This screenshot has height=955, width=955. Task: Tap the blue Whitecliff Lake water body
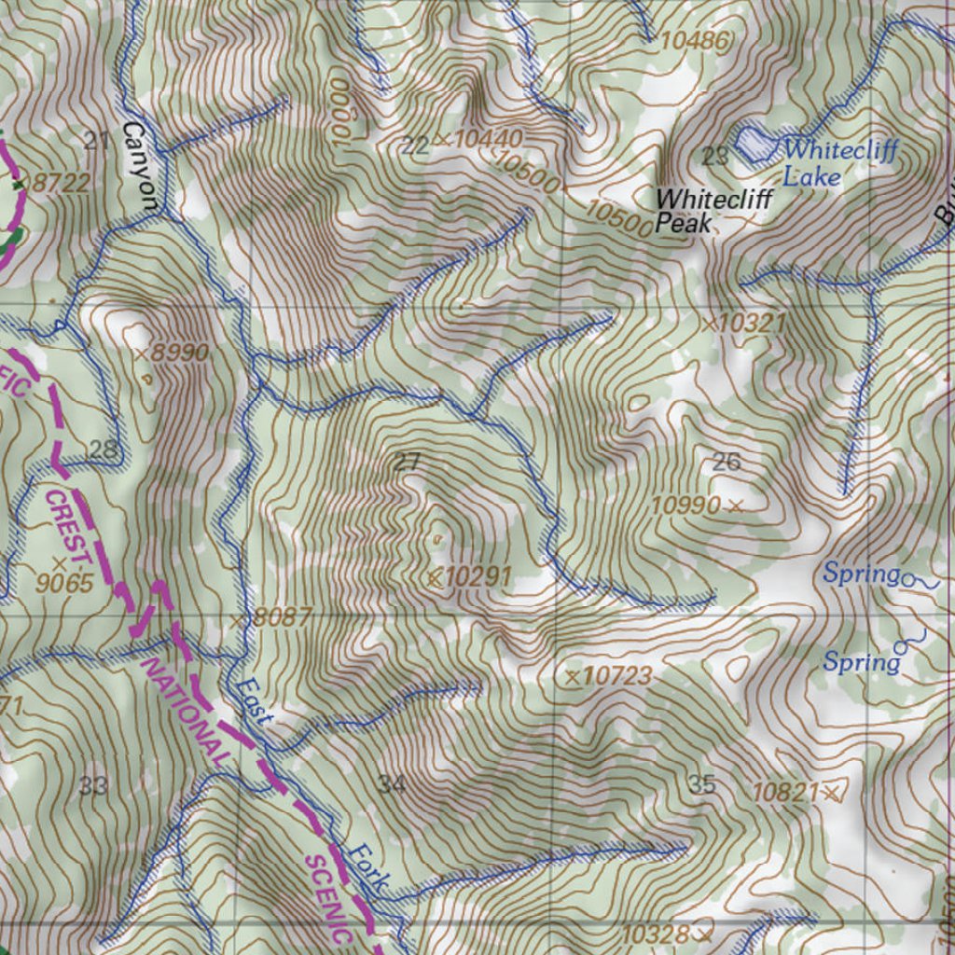point(754,143)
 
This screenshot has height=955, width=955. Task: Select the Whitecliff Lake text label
point(837,162)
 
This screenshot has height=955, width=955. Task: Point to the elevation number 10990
point(686,505)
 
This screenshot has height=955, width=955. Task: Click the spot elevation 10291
point(477,576)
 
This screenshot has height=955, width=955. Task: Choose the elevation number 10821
point(786,792)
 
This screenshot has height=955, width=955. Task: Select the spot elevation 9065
point(65,584)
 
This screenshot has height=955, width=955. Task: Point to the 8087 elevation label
point(282,617)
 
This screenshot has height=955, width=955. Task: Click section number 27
point(407,461)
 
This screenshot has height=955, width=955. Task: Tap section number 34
point(392,783)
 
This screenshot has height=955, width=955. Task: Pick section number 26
point(726,461)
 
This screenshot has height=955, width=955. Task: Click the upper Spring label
point(861,573)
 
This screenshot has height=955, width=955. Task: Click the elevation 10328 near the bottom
point(656,934)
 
